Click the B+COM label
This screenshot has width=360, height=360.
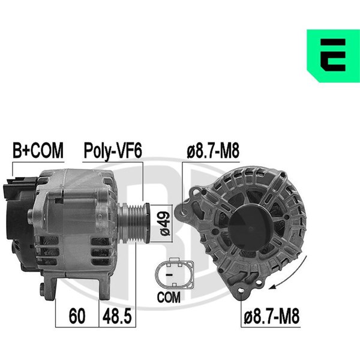(x=38, y=151)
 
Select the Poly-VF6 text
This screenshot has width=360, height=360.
(x=113, y=151)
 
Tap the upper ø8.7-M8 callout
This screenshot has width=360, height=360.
(x=213, y=151)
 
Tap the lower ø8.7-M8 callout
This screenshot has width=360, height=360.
(x=272, y=316)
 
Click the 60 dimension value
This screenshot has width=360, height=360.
(x=77, y=316)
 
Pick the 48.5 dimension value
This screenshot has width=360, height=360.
(x=117, y=316)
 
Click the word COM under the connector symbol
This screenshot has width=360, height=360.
(x=169, y=298)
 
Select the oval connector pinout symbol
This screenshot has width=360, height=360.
(x=175, y=274)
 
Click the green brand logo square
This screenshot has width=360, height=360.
(x=334, y=56)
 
